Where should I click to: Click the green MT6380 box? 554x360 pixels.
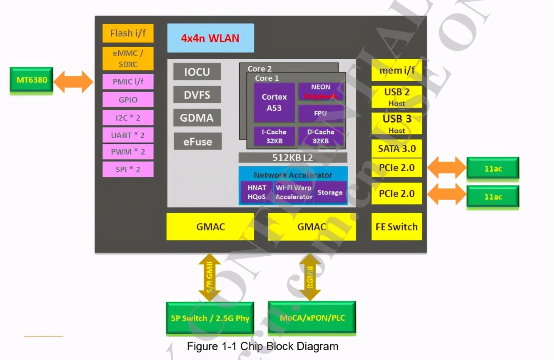[32, 79]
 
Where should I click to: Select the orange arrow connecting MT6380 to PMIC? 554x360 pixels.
[73, 82]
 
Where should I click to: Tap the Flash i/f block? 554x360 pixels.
[128, 33]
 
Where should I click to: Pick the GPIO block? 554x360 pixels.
[128, 100]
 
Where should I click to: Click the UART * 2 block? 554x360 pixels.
[128, 135]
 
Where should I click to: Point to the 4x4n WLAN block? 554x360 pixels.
[210, 38]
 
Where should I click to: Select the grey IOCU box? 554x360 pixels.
[197, 72]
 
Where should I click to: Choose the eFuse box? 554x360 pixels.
[197, 142]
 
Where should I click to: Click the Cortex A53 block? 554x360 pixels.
[274, 102]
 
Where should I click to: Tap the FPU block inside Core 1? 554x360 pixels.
[321, 113]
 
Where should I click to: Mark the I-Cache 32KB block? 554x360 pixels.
[274, 136]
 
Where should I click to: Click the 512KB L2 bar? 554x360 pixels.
[293, 158]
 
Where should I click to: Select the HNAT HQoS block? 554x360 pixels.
[257, 192]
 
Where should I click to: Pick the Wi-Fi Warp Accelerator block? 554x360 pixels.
[294, 192]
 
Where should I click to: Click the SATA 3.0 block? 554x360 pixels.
[397, 149]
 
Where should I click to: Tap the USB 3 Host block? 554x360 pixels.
[397, 124]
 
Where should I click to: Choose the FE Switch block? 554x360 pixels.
[397, 227]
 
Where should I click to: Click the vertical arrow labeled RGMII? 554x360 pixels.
[310, 277]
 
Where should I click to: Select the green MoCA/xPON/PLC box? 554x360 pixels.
[312, 318]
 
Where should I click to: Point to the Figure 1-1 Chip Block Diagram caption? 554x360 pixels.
[262, 346]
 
